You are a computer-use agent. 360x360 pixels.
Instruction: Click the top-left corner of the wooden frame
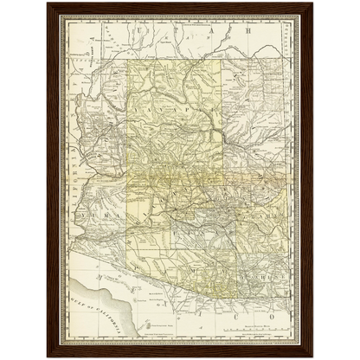pyautogui.click(x=48, y=3)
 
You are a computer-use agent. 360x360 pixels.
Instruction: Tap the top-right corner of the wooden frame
pyautogui.click(x=313, y=3)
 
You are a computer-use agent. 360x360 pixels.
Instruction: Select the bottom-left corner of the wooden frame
pyautogui.click(x=48, y=357)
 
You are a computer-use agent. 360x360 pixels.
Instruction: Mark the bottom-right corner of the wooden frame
pyautogui.click(x=313, y=357)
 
